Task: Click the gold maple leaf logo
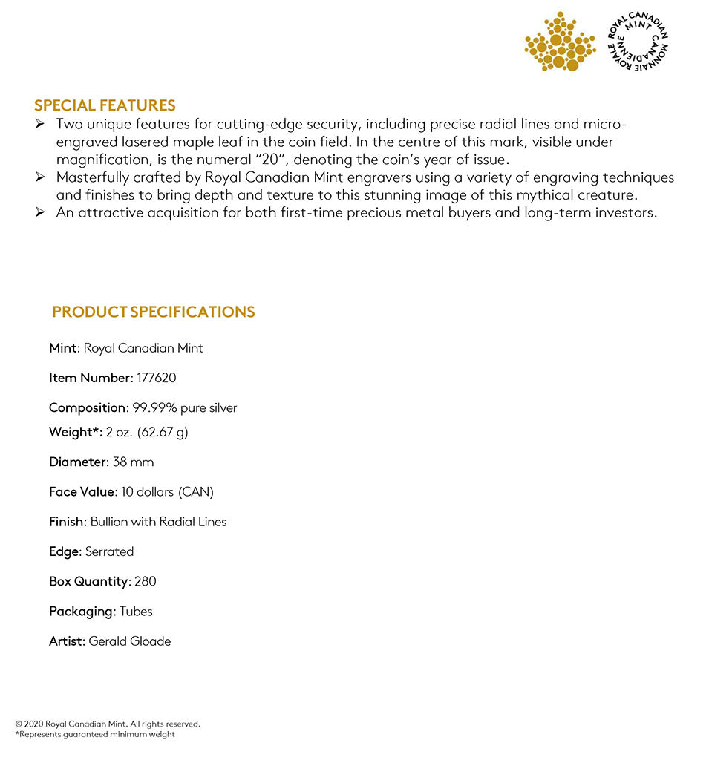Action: click(560, 43)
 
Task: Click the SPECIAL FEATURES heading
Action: click(105, 105)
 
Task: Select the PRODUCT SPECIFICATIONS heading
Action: click(154, 312)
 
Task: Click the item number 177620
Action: click(157, 378)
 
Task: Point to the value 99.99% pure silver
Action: click(185, 407)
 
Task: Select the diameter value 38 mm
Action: click(133, 462)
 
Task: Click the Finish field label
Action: click(66, 522)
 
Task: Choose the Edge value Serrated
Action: click(109, 551)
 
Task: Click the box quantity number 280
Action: click(146, 581)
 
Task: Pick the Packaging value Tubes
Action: click(136, 612)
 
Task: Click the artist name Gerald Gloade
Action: click(130, 641)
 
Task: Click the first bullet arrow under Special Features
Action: click(40, 123)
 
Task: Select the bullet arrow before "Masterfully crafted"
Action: click(40, 177)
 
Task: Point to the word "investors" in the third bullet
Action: click(626, 213)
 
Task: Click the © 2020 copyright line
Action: click(108, 724)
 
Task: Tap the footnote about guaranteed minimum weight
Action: click(95, 735)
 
